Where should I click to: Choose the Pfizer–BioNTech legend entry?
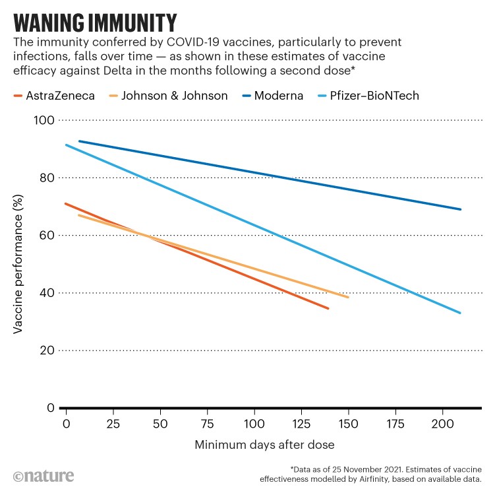point(370,96)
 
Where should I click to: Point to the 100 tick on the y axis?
point(45,120)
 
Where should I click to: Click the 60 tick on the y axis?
point(48,236)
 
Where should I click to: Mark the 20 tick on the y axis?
point(48,350)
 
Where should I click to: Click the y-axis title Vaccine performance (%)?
point(19,264)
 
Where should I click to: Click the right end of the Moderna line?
point(460,209)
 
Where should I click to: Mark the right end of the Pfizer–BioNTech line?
point(460,313)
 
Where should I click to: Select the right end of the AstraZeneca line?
point(328,308)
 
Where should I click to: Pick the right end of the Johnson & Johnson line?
point(347,297)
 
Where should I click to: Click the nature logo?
point(44,475)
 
